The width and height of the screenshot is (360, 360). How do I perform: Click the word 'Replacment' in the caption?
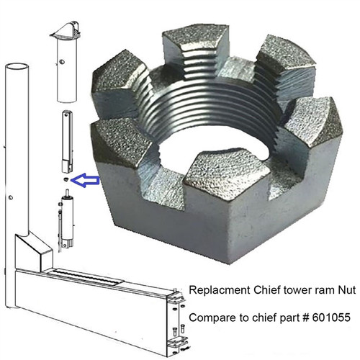213,291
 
